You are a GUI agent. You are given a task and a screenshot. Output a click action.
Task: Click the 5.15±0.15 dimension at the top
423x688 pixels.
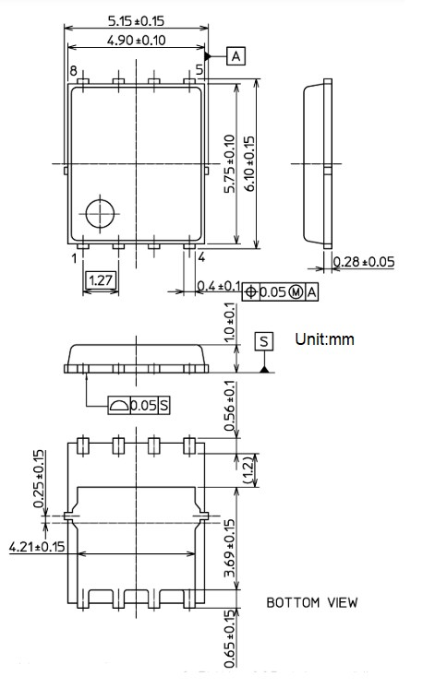click(136, 19)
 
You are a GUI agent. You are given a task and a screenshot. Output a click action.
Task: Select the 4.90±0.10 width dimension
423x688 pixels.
click(137, 41)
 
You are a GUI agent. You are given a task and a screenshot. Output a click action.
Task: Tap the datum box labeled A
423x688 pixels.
click(236, 57)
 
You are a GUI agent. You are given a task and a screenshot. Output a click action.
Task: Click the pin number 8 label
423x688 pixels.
click(72, 71)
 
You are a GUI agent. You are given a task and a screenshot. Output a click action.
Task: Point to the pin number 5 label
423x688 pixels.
click(199, 71)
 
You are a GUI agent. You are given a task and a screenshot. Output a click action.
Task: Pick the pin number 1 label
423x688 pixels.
click(73, 258)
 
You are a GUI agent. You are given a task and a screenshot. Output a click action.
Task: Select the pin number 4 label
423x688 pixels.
click(200, 258)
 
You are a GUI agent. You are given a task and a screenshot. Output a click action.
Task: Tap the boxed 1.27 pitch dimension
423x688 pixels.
click(101, 279)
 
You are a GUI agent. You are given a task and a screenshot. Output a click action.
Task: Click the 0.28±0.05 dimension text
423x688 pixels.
click(364, 262)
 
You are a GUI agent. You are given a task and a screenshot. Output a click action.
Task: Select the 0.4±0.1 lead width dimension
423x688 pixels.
click(219, 289)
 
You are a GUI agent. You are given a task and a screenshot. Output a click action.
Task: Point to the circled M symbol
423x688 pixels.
click(296, 292)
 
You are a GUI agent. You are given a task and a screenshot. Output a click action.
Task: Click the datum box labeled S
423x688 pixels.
click(265, 341)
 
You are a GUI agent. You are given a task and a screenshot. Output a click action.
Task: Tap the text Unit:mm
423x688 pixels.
click(324, 339)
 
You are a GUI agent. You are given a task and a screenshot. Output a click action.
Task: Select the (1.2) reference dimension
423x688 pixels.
click(248, 469)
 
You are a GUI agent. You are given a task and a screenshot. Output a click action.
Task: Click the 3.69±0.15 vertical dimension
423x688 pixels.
click(230, 551)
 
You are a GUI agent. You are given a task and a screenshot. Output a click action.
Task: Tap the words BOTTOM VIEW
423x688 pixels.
click(312, 603)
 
